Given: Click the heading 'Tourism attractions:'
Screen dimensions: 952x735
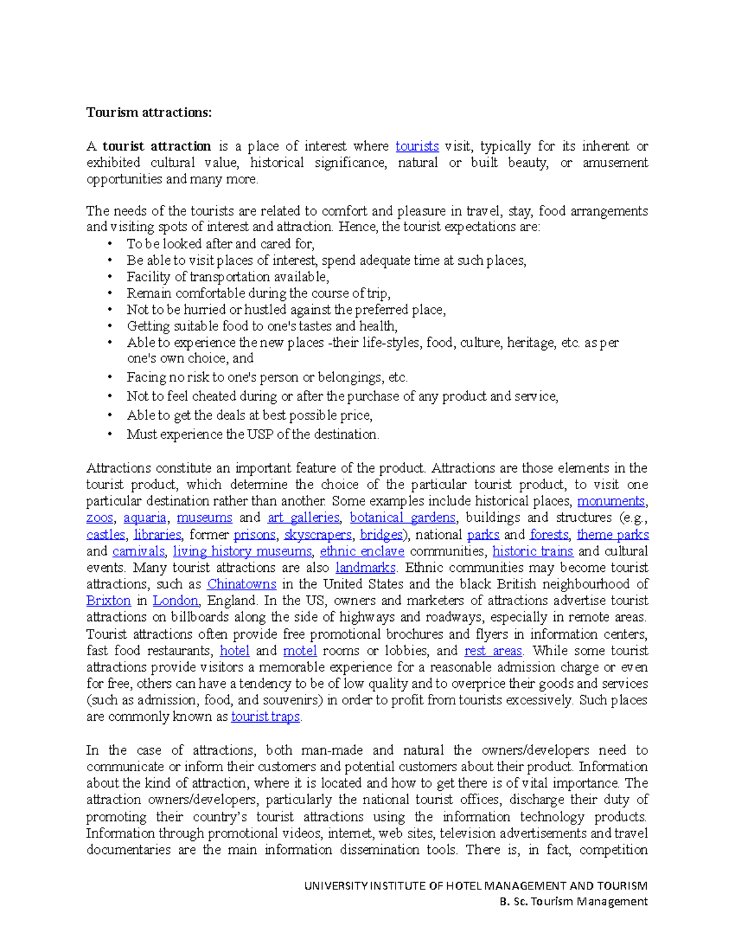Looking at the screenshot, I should [x=149, y=113].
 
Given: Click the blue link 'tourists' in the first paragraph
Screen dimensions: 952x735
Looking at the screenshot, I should [x=417, y=147].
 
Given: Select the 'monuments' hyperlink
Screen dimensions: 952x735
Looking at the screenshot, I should [x=611, y=501].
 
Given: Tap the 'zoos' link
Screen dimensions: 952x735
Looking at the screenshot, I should [x=99, y=518].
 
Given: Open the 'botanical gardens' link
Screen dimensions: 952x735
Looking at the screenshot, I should [x=402, y=518].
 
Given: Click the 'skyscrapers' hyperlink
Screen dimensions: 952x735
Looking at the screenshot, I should [x=317, y=535].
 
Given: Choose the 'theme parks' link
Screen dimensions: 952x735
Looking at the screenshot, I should [x=612, y=535].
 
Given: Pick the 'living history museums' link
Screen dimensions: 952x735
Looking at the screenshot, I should [x=243, y=552].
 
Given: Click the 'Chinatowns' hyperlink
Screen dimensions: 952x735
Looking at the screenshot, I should [x=241, y=585].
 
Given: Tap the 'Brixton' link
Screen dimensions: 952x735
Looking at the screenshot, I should [x=108, y=601].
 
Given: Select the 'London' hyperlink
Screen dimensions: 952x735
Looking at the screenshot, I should [x=175, y=601].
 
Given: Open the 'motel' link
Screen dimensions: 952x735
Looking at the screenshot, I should [x=300, y=651].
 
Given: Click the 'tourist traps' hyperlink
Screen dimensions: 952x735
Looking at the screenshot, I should [x=265, y=717].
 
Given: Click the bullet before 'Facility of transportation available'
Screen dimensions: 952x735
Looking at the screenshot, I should [x=110, y=277].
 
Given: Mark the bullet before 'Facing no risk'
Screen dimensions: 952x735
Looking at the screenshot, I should [x=110, y=378].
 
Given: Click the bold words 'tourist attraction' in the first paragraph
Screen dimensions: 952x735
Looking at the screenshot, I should [x=156, y=147].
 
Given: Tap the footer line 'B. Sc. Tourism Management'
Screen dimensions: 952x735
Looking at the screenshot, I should [x=573, y=902].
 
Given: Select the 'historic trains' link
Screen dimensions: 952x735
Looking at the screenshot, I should [x=532, y=552].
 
